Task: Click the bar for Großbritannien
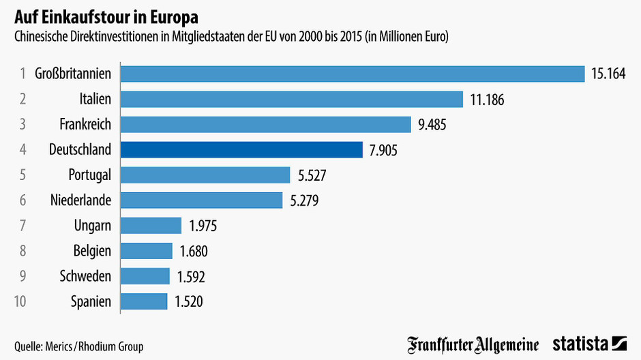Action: pyautogui.click(x=353, y=74)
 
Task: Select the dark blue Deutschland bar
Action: pyautogui.click(x=241, y=150)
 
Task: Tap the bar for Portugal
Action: pyautogui.click(x=205, y=175)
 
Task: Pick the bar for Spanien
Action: pyautogui.click(x=144, y=301)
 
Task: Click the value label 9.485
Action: pyautogui.click(x=432, y=125)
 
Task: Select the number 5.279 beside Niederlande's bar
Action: pyautogui.click(x=303, y=200)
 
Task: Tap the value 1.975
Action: pyautogui.click(x=203, y=226)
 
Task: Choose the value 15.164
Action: pyautogui.click(x=608, y=74)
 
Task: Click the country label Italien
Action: pyautogui.click(x=95, y=100)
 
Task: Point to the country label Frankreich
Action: pyautogui.click(x=85, y=125)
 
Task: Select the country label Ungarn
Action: pyautogui.click(x=92, y=226)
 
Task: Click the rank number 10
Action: pyautogui.click(x=20, y=301)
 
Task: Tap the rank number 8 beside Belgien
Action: pyautogui.click(x=23, y=251)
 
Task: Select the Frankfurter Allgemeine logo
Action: pyautogui.click(x=473, y=344)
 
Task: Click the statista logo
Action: pyautogui.click(x=589, y=344)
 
